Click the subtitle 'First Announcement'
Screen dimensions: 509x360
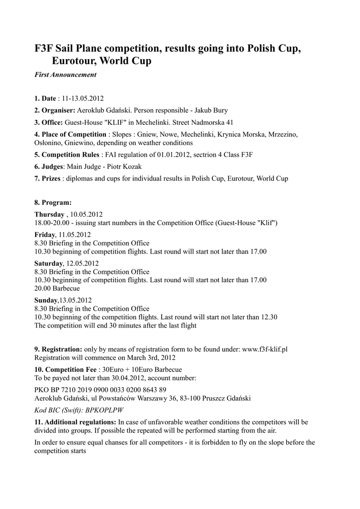(65, 75)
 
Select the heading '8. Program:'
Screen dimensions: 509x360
(53, 202)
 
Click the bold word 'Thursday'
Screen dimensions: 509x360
(49, 214)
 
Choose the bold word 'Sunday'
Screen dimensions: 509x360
(46, 300)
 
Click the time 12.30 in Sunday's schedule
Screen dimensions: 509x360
(269, 317)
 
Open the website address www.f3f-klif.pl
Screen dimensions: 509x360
(265, 349)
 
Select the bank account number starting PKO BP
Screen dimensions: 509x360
(100, 390)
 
